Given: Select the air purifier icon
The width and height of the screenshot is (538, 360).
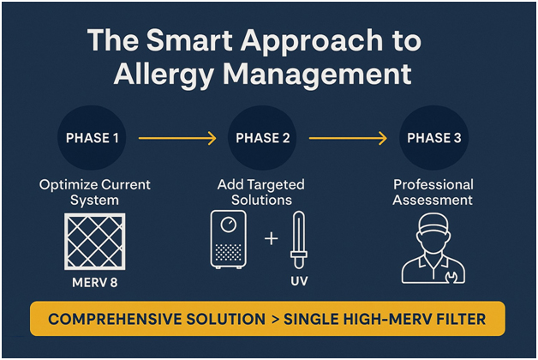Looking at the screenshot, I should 229,239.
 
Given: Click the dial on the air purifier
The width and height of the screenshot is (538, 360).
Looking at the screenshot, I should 229,225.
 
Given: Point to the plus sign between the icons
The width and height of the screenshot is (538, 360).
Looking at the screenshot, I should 271,237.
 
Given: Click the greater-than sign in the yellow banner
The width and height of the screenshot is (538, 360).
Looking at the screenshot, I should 277,319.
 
